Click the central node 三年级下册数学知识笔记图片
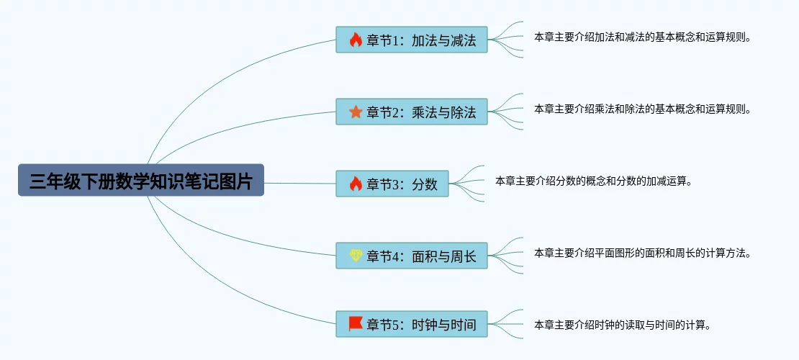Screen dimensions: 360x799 coord(141,181)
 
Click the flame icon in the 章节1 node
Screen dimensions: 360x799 coord(356,40)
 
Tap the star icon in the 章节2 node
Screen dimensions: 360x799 coord(356,112)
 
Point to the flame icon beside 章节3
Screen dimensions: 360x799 coord(356,184)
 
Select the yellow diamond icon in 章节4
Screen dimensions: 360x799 coord(356,255)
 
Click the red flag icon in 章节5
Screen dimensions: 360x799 coord(356,323)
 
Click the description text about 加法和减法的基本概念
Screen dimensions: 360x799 coord(643,37)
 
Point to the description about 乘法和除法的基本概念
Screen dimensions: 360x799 coord(643,109)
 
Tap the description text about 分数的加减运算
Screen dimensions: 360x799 coord(593,181)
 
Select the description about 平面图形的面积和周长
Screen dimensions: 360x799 coord(643,253)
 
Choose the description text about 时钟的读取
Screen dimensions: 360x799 coord(623,325)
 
